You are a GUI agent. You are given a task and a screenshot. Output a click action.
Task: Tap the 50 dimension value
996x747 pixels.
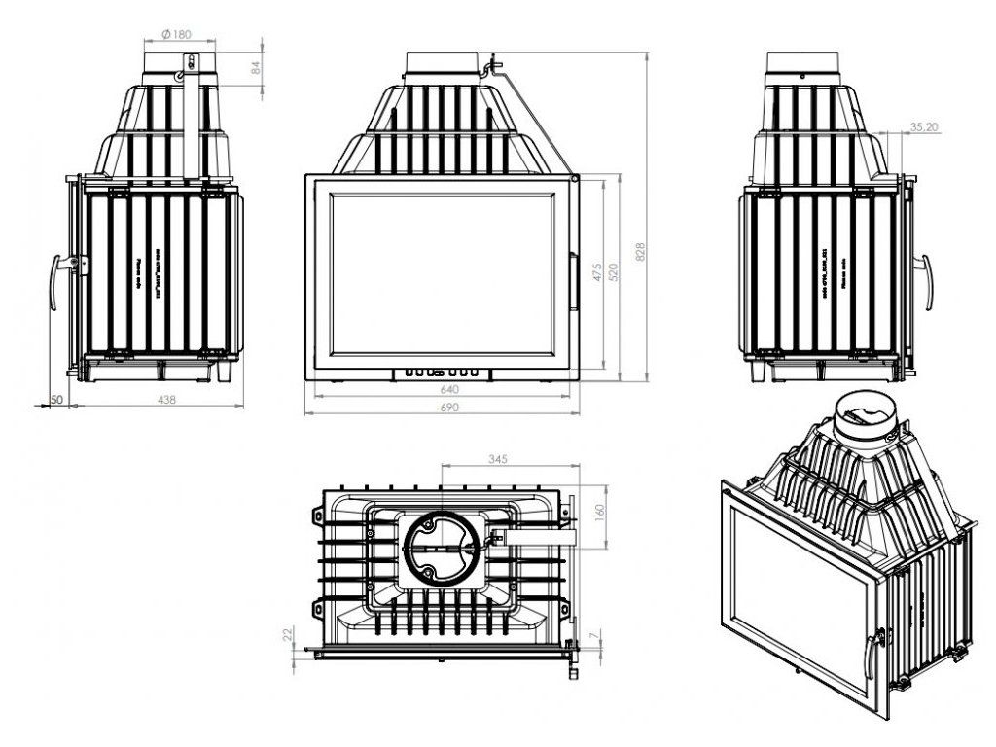[56, 399]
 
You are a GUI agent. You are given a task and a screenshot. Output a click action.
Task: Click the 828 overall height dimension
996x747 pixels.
[640, 252]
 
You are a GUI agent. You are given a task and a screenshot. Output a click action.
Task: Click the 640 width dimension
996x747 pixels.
[449, 390]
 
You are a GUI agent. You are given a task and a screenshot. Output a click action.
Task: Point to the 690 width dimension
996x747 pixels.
[449, 409]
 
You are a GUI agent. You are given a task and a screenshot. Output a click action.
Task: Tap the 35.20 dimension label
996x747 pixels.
[925, 126]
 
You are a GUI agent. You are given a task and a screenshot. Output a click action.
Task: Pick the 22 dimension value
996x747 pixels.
[287, 634]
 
